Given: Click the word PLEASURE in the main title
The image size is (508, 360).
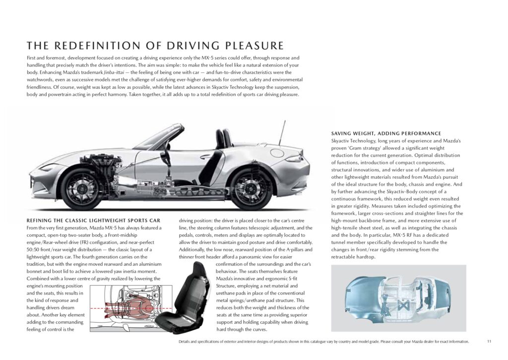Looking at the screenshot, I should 254,46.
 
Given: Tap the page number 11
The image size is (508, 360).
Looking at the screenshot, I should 489,341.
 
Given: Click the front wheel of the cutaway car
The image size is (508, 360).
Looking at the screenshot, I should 81,189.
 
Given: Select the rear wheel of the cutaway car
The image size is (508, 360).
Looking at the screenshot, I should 251,189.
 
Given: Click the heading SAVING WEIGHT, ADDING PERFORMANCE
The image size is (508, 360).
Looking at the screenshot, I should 386,133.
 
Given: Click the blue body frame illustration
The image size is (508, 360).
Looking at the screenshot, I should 398,298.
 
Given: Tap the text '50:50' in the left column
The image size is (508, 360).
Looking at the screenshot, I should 33,249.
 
